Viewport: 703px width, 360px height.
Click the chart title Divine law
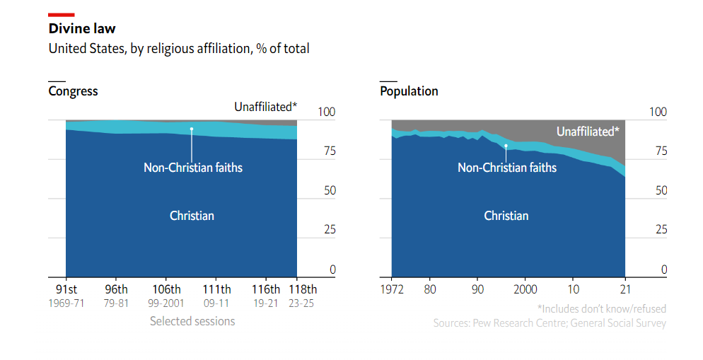coord(82,29)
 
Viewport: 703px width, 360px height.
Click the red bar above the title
coord(62,14)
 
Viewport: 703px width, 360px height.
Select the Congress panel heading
coord(73,91)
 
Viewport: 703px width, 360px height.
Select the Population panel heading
coord(409,91)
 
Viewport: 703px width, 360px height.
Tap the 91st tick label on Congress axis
coord(66,289)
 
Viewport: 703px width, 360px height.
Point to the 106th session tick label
coord(166,289)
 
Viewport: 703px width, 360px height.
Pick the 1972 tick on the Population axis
coord(393,289)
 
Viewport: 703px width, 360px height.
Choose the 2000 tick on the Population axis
coord(525,289)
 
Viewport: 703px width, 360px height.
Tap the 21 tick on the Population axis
coord(624,289)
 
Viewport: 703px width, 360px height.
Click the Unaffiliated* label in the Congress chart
coord(266,107)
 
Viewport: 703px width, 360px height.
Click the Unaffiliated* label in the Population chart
coord(588,132)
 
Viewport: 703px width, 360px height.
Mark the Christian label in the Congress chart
coord(192,216)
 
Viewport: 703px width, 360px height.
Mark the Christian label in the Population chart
coord(506,216)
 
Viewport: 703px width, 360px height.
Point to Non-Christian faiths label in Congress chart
coord(193,168)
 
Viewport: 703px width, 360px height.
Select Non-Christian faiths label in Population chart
coord(507,168)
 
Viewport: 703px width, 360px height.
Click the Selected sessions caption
coord(192,321)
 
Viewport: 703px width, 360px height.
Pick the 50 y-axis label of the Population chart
coord(659,190)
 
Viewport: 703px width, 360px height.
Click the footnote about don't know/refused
coord(601,309)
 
